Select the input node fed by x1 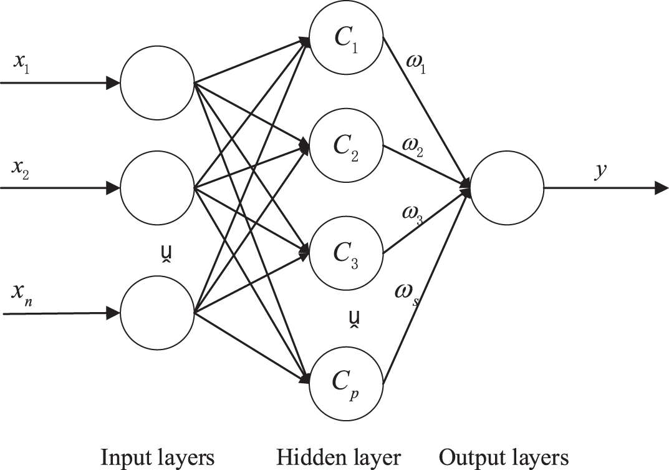click(157, 82)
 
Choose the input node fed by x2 click(157, 187)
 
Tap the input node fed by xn click(157, 312)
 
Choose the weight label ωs click(406, 293)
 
